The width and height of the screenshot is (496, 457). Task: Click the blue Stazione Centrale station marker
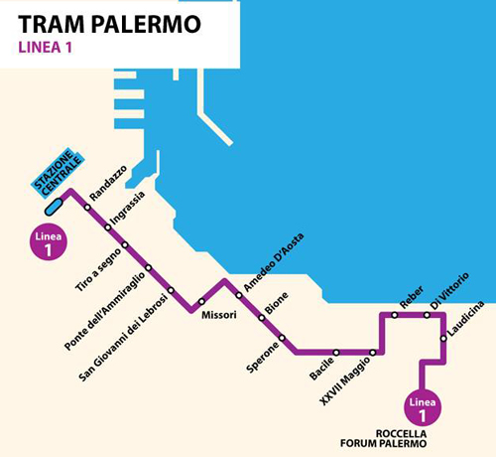(x=54, y=206)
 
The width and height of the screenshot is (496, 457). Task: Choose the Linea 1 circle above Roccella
(x=422, y=406)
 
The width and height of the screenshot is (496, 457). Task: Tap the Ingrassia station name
(x=128, y=210)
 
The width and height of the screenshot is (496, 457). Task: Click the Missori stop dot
(x=201, y=301)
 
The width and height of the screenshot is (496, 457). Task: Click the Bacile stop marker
(x=337, y=352)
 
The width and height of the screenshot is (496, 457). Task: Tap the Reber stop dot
(x=394, y=315)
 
